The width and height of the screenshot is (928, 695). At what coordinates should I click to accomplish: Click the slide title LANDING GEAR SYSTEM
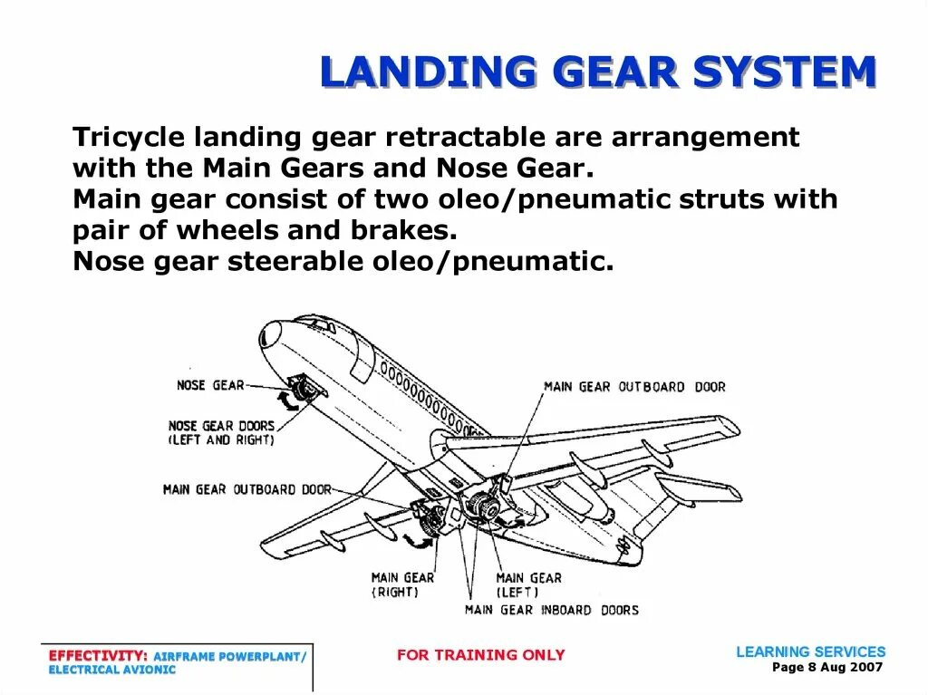(x=598, y=72)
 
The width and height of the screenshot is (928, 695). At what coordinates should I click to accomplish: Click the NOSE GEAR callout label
(x=210, y=385)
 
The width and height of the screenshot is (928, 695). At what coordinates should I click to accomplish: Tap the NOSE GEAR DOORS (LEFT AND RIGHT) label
(x=221, y=432)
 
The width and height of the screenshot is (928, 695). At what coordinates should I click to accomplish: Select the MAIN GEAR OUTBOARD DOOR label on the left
(x=246, y=489)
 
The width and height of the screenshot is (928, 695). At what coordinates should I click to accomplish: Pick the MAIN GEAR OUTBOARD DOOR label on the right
(x=634, y=387)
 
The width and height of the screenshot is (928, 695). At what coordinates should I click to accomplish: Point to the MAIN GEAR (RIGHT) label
(x=402, y=584)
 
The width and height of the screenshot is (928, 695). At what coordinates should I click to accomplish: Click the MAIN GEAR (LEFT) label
(x=528, y=584)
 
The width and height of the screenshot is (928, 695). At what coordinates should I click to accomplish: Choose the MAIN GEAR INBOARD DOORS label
(x=551, y=610)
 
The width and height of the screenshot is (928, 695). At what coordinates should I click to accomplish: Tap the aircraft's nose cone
(x=269, y=333)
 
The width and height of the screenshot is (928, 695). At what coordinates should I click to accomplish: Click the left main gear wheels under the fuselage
(x=485, y=507)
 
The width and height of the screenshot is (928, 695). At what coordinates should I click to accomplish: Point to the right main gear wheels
(x=435, y=519)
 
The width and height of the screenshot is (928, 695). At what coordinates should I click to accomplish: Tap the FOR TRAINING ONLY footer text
(x=480, y=654)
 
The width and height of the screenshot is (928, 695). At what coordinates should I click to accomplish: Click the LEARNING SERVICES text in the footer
(x=810, y=652)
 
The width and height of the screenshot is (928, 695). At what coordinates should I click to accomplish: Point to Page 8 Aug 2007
(x=826, y=667)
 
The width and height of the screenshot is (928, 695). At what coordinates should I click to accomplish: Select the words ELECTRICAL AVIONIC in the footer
(x=111, y=670)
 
